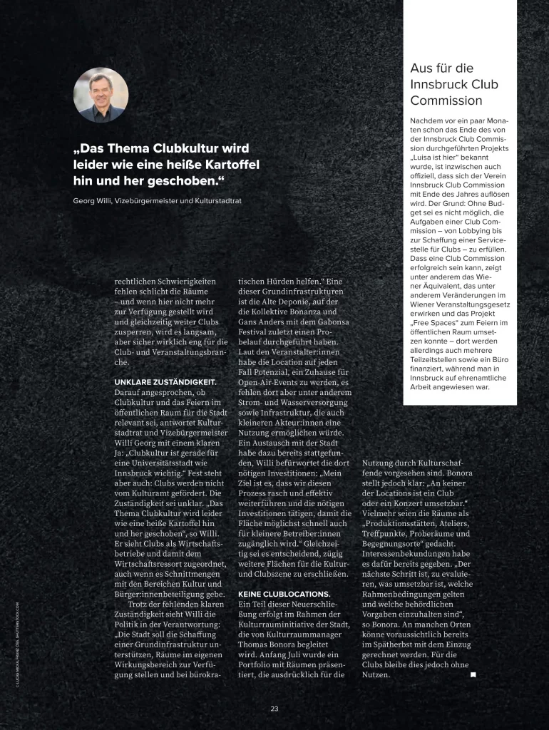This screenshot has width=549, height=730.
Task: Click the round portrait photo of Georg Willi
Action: tap(101, 95)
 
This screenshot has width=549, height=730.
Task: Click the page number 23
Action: tap(274, 708)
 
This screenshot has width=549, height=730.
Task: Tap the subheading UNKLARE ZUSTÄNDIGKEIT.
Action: tap(165, 382)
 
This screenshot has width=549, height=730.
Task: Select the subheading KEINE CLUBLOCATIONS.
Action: tap(283, 593)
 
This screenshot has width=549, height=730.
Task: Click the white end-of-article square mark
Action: tap(473, 674)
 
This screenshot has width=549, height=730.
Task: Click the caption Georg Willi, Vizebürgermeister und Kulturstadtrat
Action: tap(157, 200)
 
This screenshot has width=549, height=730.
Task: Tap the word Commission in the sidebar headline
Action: tap(446, 101)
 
